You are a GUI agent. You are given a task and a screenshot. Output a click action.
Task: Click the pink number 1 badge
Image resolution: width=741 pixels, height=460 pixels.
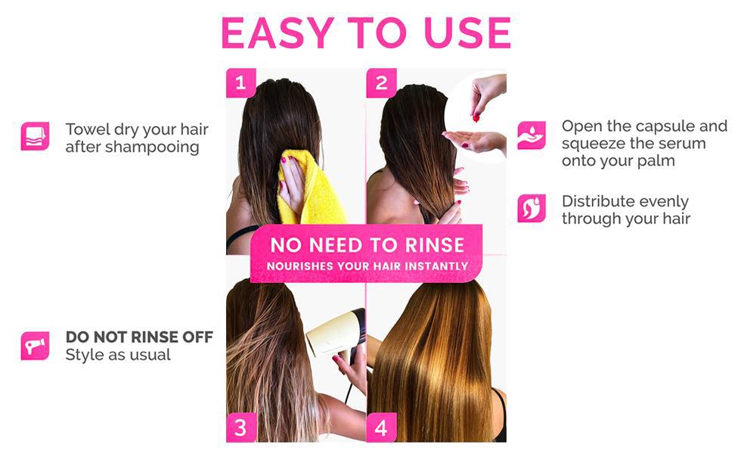point(240,83)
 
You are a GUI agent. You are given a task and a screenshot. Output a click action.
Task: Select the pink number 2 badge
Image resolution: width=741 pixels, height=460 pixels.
point(381,83)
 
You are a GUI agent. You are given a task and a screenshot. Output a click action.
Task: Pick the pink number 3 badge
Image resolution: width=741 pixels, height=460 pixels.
point(240,427)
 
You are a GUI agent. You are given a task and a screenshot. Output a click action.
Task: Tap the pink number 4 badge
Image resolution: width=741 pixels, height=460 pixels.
point(381,427)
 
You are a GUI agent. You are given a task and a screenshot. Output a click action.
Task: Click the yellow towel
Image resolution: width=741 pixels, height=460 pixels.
point(310,189)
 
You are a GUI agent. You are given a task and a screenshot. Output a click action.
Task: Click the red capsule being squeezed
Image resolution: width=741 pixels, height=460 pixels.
point(476,117)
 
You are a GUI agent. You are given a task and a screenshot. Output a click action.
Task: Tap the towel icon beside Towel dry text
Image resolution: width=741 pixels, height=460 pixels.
point(35,136)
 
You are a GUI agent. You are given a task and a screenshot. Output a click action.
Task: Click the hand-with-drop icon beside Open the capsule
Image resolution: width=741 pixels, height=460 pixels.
point(532,135)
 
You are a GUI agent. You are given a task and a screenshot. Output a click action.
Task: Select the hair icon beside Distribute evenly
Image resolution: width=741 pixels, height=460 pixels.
point(532,208)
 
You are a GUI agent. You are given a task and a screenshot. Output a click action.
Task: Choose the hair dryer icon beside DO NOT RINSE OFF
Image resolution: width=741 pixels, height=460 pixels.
point(35,346)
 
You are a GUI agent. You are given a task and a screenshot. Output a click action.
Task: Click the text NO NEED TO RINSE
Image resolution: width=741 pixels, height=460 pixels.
point(367,245)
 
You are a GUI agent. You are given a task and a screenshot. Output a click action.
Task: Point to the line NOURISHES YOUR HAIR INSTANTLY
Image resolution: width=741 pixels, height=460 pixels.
point(367,266)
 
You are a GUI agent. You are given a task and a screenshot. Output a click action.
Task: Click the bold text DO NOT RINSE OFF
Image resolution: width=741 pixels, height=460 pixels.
point(139,337)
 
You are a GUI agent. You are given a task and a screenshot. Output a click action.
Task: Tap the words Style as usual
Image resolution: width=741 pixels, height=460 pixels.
point(117,355)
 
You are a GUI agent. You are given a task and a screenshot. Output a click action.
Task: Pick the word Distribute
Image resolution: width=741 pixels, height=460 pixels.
point(599,202)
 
